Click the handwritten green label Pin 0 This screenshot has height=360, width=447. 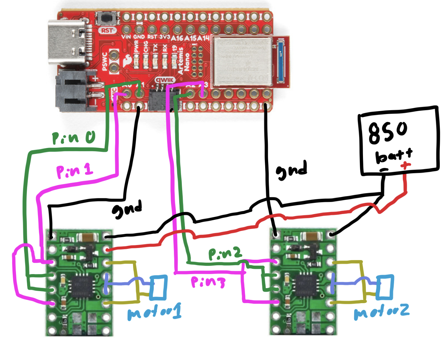74,138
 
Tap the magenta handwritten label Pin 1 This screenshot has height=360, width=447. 75,172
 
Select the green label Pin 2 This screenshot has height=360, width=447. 225,254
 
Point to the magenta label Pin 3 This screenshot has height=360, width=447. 208,282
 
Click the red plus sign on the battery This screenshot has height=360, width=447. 405,165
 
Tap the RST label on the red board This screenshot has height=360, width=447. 107,30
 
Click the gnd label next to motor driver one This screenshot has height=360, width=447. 127,209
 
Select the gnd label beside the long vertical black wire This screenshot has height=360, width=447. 292,170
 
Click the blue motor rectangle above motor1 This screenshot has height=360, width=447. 159,287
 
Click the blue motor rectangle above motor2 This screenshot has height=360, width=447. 385,287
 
